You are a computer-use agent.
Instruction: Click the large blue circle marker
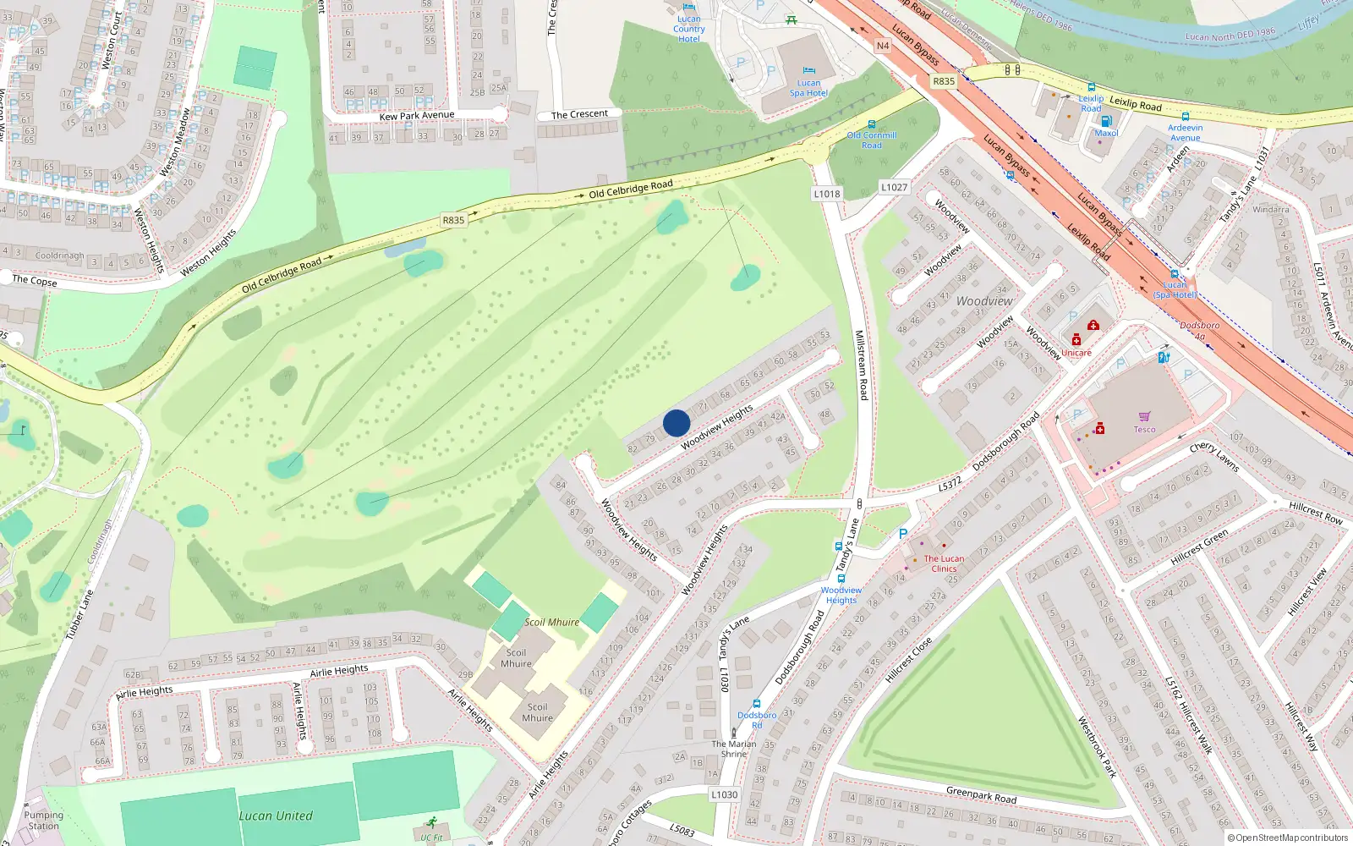(x=676, y=423)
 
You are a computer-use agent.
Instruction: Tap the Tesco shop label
(x=1144, y=429)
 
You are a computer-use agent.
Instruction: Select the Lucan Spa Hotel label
(x=808, y=88)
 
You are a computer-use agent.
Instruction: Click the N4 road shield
(x=883, y=46)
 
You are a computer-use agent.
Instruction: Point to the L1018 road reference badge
(x=827, y=194)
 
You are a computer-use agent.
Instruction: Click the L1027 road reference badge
(x=894, y=187)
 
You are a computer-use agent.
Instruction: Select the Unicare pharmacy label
(x=1076, y=353)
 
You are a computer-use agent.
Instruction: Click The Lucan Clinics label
(x=944, y=563)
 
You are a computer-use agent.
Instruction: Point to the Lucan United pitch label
(x=276, y=816)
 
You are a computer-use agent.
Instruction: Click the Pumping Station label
(x=44, y=821)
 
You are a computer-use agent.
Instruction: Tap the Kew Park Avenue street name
(x=417, y=116)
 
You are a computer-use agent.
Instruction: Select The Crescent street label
(x=579, y=114)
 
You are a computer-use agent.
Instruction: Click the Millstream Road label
(x=861, y=365)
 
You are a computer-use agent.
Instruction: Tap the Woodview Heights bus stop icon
(x=841, y=579)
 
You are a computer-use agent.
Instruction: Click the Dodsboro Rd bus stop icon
(x=757, y=704)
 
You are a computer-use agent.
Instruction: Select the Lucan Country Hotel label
(x=688, y=29)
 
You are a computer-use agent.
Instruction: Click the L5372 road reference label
(x=950, y=484)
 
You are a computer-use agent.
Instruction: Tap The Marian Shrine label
(x=734, y=749)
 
